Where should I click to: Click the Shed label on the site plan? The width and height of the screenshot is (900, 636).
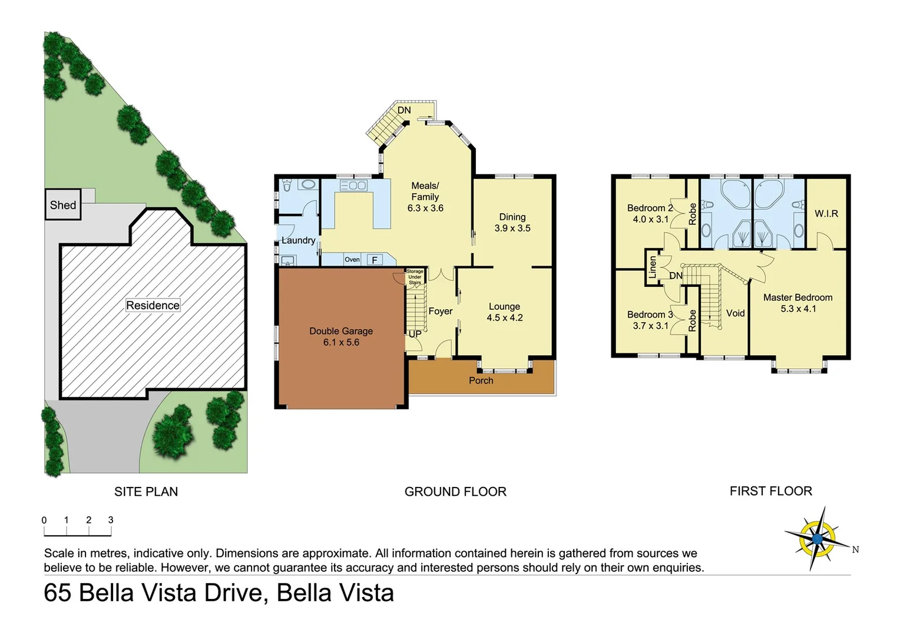pos(63,205)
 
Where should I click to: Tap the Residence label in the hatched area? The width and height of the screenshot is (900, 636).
pos(153,305)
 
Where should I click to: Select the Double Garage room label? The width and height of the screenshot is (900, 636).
pos(341,331)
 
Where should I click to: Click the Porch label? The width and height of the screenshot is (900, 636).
pos(481,380)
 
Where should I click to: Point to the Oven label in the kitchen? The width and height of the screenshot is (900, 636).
pos(352,260)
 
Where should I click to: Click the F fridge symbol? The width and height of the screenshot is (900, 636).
pos(374,260)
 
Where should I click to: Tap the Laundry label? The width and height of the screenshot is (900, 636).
pos(298,240)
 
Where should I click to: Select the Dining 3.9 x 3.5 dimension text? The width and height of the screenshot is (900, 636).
pos(512,228)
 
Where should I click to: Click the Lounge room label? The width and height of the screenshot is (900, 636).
pos(504,306)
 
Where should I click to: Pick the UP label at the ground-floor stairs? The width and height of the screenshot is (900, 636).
pos(415,334)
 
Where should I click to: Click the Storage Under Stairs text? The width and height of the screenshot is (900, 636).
pos(415,277)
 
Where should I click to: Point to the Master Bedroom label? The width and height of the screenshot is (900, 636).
pos(798,297)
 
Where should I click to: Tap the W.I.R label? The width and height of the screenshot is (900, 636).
pos(826,214)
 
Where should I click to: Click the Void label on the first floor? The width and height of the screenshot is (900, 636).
pos(735,313)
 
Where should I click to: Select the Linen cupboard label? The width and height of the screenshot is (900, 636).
pos(652,267)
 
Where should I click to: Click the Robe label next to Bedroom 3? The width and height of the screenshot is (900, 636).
pos(693,320)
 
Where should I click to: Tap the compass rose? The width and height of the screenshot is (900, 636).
pos(817,538)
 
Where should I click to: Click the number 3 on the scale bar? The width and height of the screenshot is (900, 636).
pos(111,520)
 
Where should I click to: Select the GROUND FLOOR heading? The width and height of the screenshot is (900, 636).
pos(455,492)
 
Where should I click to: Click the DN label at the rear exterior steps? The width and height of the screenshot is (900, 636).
pos(404,110)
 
